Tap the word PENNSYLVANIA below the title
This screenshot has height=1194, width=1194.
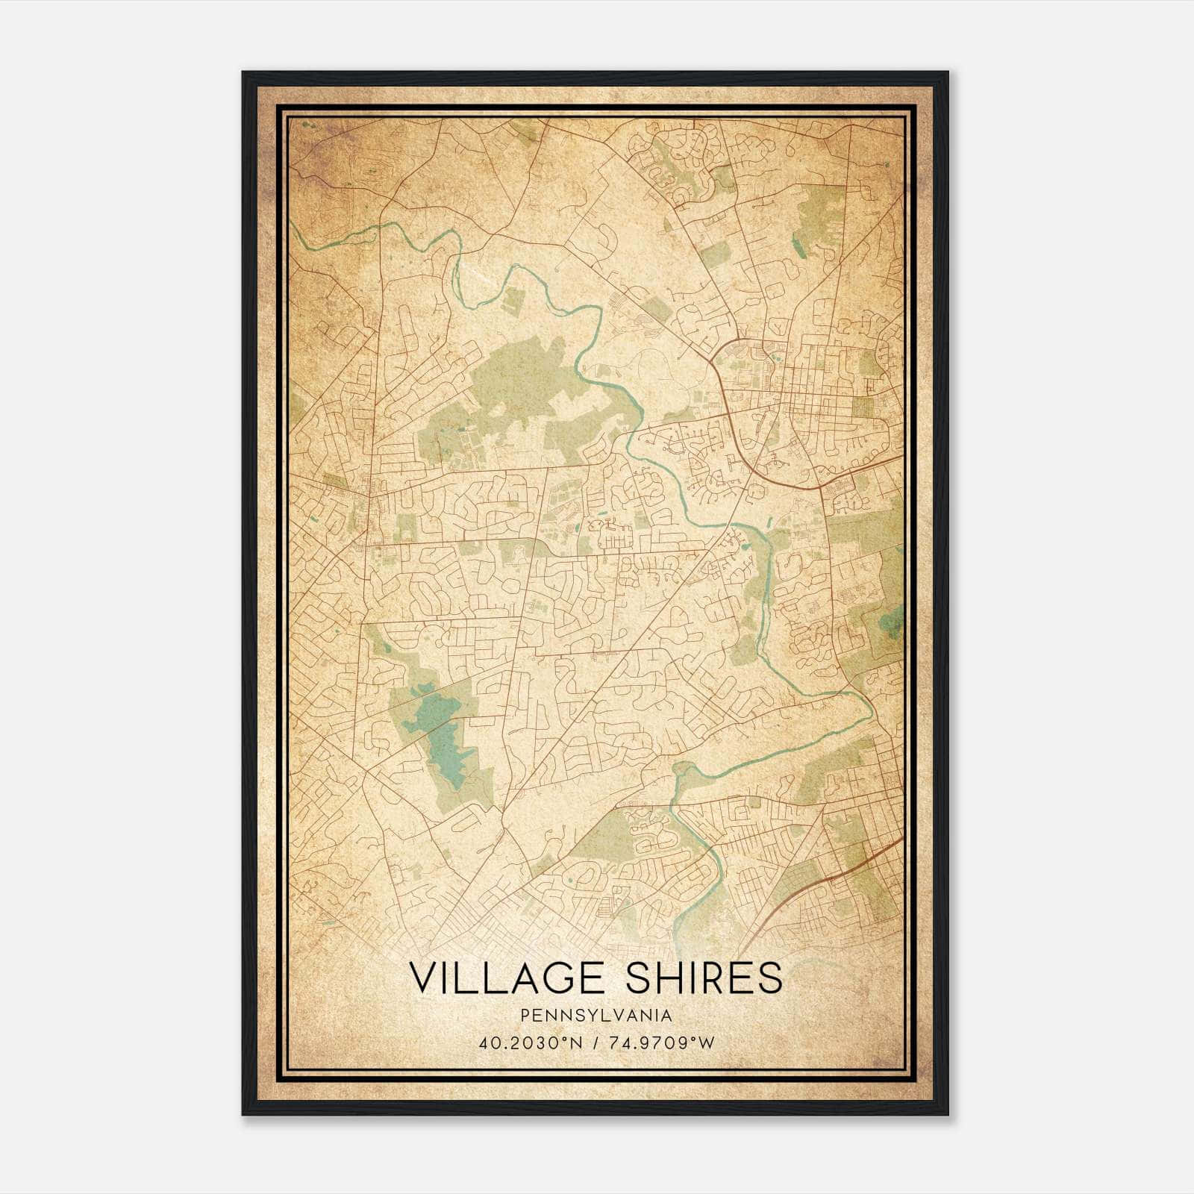596,1016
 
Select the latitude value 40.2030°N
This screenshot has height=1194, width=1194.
529,1043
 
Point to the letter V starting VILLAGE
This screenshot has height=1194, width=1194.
422,978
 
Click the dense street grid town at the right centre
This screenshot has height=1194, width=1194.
821,388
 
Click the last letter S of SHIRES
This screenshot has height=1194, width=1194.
771,978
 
